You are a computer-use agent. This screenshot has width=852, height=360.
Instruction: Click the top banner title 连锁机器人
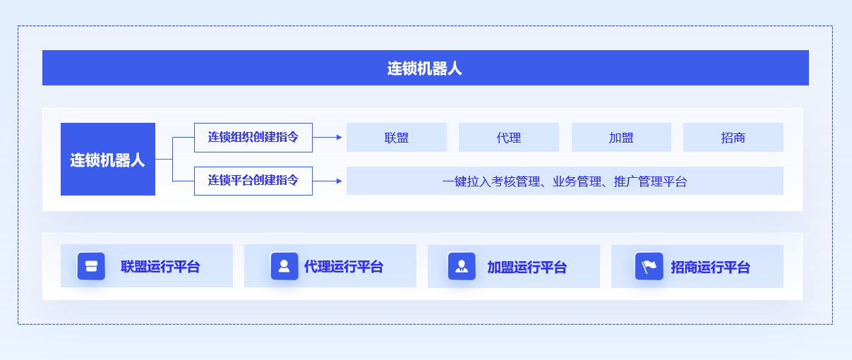[424, 68]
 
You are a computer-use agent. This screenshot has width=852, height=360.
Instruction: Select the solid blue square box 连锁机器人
[108, 159]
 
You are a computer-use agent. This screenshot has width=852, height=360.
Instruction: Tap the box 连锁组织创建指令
[253, 138]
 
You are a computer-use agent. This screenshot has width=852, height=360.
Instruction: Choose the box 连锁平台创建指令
[253, 181]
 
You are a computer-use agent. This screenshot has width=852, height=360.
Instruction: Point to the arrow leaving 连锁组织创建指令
[328, 138]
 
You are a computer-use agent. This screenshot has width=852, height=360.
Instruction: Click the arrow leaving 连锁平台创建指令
[328, 181]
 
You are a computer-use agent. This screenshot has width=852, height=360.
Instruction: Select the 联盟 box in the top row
[396, 138]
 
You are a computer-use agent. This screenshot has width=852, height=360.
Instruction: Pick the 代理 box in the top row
[509, 138]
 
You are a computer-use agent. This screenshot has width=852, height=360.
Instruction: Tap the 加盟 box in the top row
[621, 138]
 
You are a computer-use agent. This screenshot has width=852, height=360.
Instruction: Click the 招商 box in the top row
[733, 138]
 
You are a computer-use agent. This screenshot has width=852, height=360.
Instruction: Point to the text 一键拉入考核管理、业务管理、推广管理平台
[565, 181]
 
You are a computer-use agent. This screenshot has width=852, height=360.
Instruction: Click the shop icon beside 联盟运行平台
[91, 266]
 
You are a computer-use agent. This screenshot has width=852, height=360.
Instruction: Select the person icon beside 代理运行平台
[284, 266]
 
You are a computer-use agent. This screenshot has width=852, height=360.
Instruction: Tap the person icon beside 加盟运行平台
[462, 266]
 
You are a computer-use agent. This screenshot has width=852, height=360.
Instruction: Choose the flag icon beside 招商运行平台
[649, 266]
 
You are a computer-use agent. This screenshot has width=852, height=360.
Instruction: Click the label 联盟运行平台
[160, 266]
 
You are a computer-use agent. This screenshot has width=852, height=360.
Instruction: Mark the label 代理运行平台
[344, 266]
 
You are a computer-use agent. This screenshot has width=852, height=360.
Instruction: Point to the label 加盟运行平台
[527, 267]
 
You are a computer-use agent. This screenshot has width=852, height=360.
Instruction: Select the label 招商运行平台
[711, 267]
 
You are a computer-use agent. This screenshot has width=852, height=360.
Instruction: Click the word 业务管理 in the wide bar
[577, 181]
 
